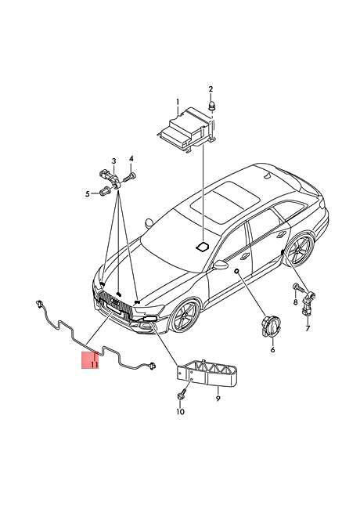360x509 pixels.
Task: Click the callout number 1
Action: click(178, 102)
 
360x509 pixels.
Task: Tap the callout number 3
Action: click(113, 161)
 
